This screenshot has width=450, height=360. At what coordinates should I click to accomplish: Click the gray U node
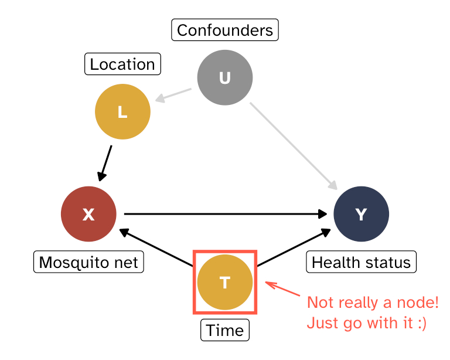coord(225,78)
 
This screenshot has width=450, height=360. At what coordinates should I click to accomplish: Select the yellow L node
coord(122,112)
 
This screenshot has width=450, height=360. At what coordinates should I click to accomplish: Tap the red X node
coord(88,215)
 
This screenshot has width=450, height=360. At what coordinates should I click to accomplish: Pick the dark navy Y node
coord(361,215)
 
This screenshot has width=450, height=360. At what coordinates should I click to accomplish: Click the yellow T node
coord(225,283)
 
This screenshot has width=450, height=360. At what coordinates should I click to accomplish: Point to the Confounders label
coord(225,30)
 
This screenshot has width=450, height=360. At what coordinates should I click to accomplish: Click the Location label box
coord(123,64)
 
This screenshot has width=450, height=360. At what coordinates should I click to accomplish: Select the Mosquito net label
coord(88,261)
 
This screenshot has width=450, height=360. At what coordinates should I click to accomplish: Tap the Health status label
coord(361,261)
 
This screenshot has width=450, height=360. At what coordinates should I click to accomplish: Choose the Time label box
coord(225,330)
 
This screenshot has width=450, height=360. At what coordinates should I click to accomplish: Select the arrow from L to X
coord(106,162)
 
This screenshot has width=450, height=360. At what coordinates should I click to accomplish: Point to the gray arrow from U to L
coord(174,95)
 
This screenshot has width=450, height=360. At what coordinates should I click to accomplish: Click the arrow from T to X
coord(156,247)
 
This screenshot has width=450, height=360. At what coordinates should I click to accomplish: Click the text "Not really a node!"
coord(373,303)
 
